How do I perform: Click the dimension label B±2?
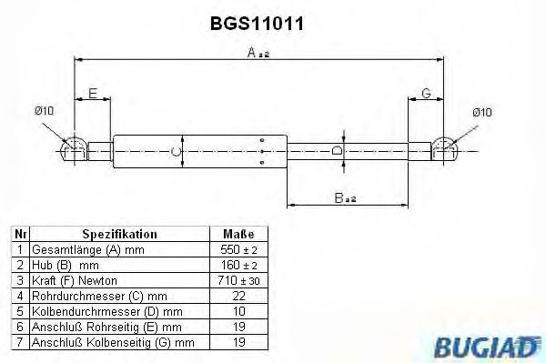click(345, 197)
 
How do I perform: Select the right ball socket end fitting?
click(444, 149)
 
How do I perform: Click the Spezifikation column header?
click(119, 234)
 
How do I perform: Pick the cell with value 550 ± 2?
click(238, 249)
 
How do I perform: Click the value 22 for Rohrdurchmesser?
click(238, 295)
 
